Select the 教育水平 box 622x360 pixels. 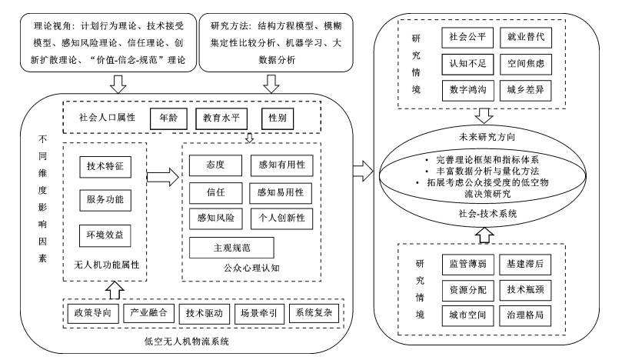click(x=222, y=119)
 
